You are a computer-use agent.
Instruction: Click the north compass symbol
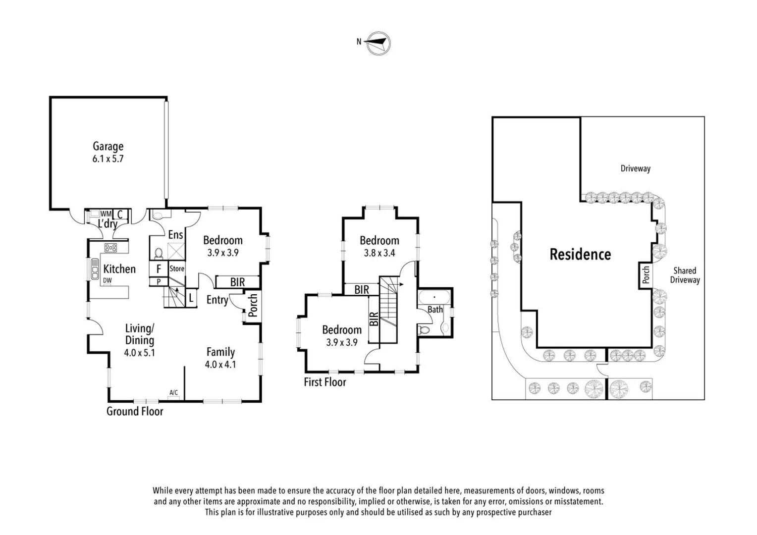[x=378, y=44]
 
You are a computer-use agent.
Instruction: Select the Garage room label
[x=108, y=146]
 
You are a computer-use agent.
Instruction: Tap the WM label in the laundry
[x=106, y=214]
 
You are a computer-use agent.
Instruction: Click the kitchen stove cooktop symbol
[x=110, y=248]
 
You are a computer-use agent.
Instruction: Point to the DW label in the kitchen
[x=108, y=280]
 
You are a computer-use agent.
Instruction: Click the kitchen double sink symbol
[x=95, y=268]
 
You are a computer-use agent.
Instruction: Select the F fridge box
[x=159, y=269]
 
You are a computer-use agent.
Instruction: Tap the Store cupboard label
[x=177, y=268]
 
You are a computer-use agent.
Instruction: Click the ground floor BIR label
[x=237, y=282]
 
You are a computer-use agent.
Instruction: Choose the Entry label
[x=217, y=300]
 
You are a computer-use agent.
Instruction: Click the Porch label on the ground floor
[x=253, y=306]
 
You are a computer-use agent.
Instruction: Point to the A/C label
[x=173, y=393]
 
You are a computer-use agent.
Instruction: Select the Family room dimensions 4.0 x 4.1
[x=220, y=365]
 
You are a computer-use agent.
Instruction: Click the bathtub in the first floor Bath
[x=434, y=298]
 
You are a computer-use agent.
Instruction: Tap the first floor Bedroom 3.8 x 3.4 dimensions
[x=379, y=253]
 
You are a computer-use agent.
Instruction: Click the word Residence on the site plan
[x=580, y=255]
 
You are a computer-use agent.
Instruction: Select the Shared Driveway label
[x=685, y=275]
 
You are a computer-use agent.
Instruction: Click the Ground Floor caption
[x=135, y=411]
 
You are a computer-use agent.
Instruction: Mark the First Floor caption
[x=325, y=382]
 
